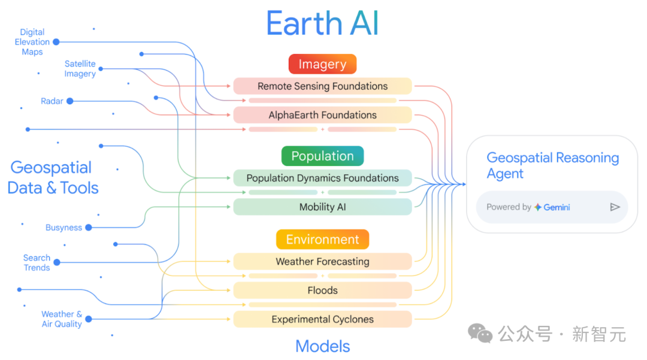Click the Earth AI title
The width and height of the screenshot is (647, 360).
coord(322,25)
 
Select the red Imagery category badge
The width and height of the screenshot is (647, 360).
coord(322,64)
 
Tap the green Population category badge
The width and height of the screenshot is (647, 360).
coord(322,156)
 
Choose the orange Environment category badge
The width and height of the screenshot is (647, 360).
coord(322,240)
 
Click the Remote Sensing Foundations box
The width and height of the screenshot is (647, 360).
coord(322,86)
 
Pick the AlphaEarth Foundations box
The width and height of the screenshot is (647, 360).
coord(322,115)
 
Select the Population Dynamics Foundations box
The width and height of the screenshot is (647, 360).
coord(322,178)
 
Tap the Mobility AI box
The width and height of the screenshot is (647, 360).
coord(322,207)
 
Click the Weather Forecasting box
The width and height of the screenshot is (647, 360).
coord(322,262)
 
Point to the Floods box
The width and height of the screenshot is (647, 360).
coord(322,291)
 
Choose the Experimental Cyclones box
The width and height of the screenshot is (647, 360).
coord(322,319)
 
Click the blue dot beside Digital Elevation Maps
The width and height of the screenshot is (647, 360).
coord(56,42)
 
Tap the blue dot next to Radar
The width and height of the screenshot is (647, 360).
coord(69,101)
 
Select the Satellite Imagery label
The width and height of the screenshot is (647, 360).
coord(80,69)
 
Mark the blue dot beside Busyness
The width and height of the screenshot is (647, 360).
coord(88,228)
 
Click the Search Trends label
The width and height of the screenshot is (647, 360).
coord(37,263)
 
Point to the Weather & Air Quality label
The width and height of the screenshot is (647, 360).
coord(62,319)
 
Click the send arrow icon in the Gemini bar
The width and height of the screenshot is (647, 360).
coord(615,207)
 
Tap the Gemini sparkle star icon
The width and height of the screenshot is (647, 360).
coord(538,207)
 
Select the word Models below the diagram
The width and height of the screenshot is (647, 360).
coord(322,346)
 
